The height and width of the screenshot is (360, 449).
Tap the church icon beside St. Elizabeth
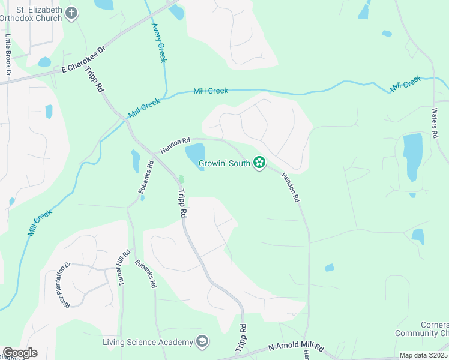(71, 13)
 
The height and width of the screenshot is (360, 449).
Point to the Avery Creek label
(158, 43)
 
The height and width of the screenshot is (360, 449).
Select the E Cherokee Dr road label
(83, 61)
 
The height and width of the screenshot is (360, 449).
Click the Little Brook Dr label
(8, 54)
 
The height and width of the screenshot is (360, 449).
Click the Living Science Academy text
(148, 342)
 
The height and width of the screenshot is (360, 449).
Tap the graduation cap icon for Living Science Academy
(202, 342)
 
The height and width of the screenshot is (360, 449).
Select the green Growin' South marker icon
(259, 162)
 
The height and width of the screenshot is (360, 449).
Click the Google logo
(20, 353)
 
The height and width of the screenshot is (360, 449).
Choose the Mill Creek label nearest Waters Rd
(405, 83)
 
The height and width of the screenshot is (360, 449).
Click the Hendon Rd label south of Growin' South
(290, 187)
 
